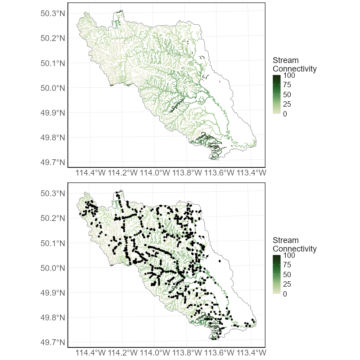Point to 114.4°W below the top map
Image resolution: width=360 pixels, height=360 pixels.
[91, 172]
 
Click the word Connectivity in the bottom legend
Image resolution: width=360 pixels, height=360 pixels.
[295, 249]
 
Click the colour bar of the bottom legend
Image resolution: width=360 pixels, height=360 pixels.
[277, 274]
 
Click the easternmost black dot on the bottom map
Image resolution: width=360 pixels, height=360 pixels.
[254, 323]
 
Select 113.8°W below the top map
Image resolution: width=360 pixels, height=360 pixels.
[188, 172]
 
